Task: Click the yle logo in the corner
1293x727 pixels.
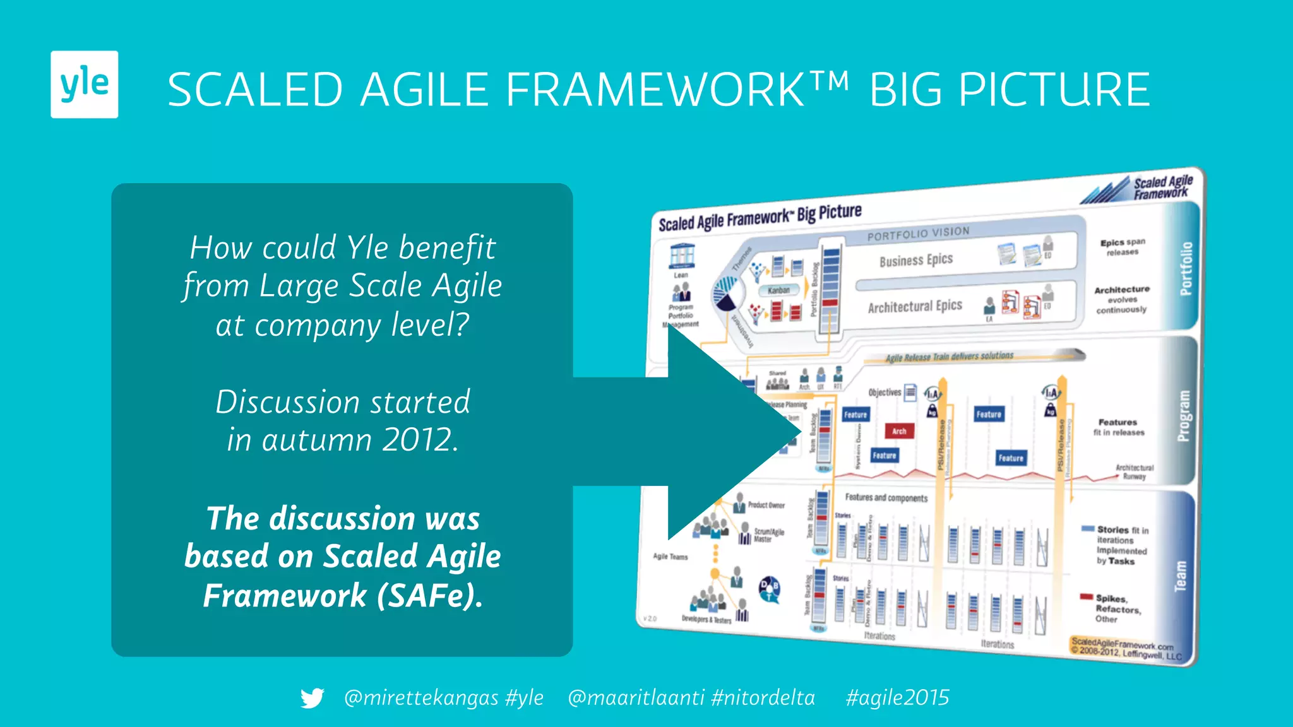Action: (x=84, y=84)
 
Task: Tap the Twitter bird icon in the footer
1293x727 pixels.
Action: (x=312, y=698)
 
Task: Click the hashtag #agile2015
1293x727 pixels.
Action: (x=897, y=698)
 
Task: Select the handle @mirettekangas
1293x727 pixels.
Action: (x=420, y=698)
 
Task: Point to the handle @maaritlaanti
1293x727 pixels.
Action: (x=636, y=698)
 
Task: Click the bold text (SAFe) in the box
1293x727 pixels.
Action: (x=429, y=596)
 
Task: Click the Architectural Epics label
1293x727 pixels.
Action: (x=914, y=307)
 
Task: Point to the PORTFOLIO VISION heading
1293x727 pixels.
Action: (x=918, y=234)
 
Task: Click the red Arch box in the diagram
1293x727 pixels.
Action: (x=899, y=431)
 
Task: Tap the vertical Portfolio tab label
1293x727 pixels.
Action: (x=1186, y=268)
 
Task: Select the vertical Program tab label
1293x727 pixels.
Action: (x=1184, y=416)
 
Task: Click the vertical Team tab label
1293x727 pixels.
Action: (x=1180, y=576)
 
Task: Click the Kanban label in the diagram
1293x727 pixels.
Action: (x=778, y=290)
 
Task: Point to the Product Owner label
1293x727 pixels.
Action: (x=766, y=505)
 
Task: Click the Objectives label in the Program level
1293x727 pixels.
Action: (x=885, y=393)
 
